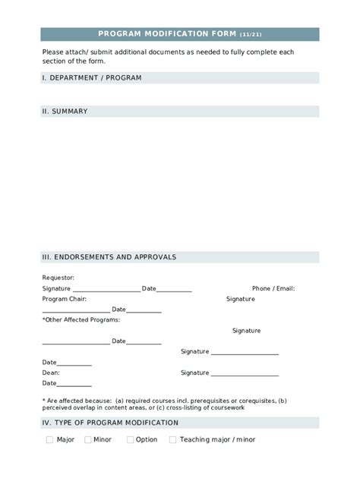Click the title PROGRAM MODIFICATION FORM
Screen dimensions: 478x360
[x=167, y=35]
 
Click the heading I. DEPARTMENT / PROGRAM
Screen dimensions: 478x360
[x=91, y=78]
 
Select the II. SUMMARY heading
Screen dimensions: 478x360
[x=65, y=112]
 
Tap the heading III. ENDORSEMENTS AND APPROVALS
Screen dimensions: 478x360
[x=109, y=257]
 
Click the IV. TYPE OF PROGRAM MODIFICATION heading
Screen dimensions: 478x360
[x=110, y=423]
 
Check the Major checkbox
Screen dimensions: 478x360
[x=50, y=440]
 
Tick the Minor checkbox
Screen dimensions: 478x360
[x=88, y=440]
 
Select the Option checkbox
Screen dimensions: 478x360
[x=131, y=440]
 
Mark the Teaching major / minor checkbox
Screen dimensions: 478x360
[x=173, y=440]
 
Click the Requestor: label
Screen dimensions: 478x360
[x=58, y=278]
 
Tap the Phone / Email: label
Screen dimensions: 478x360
[x=273, y=288]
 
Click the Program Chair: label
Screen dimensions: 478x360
[x=65, y=299]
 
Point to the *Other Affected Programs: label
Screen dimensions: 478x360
[x=81, y=319]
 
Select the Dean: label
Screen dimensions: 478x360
[x=51, y=373]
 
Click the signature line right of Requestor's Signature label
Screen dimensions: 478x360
[x=106, y=290]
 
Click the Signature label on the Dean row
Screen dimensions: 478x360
[x=194, y=373]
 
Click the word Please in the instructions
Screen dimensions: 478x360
[x=54, y=52]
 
